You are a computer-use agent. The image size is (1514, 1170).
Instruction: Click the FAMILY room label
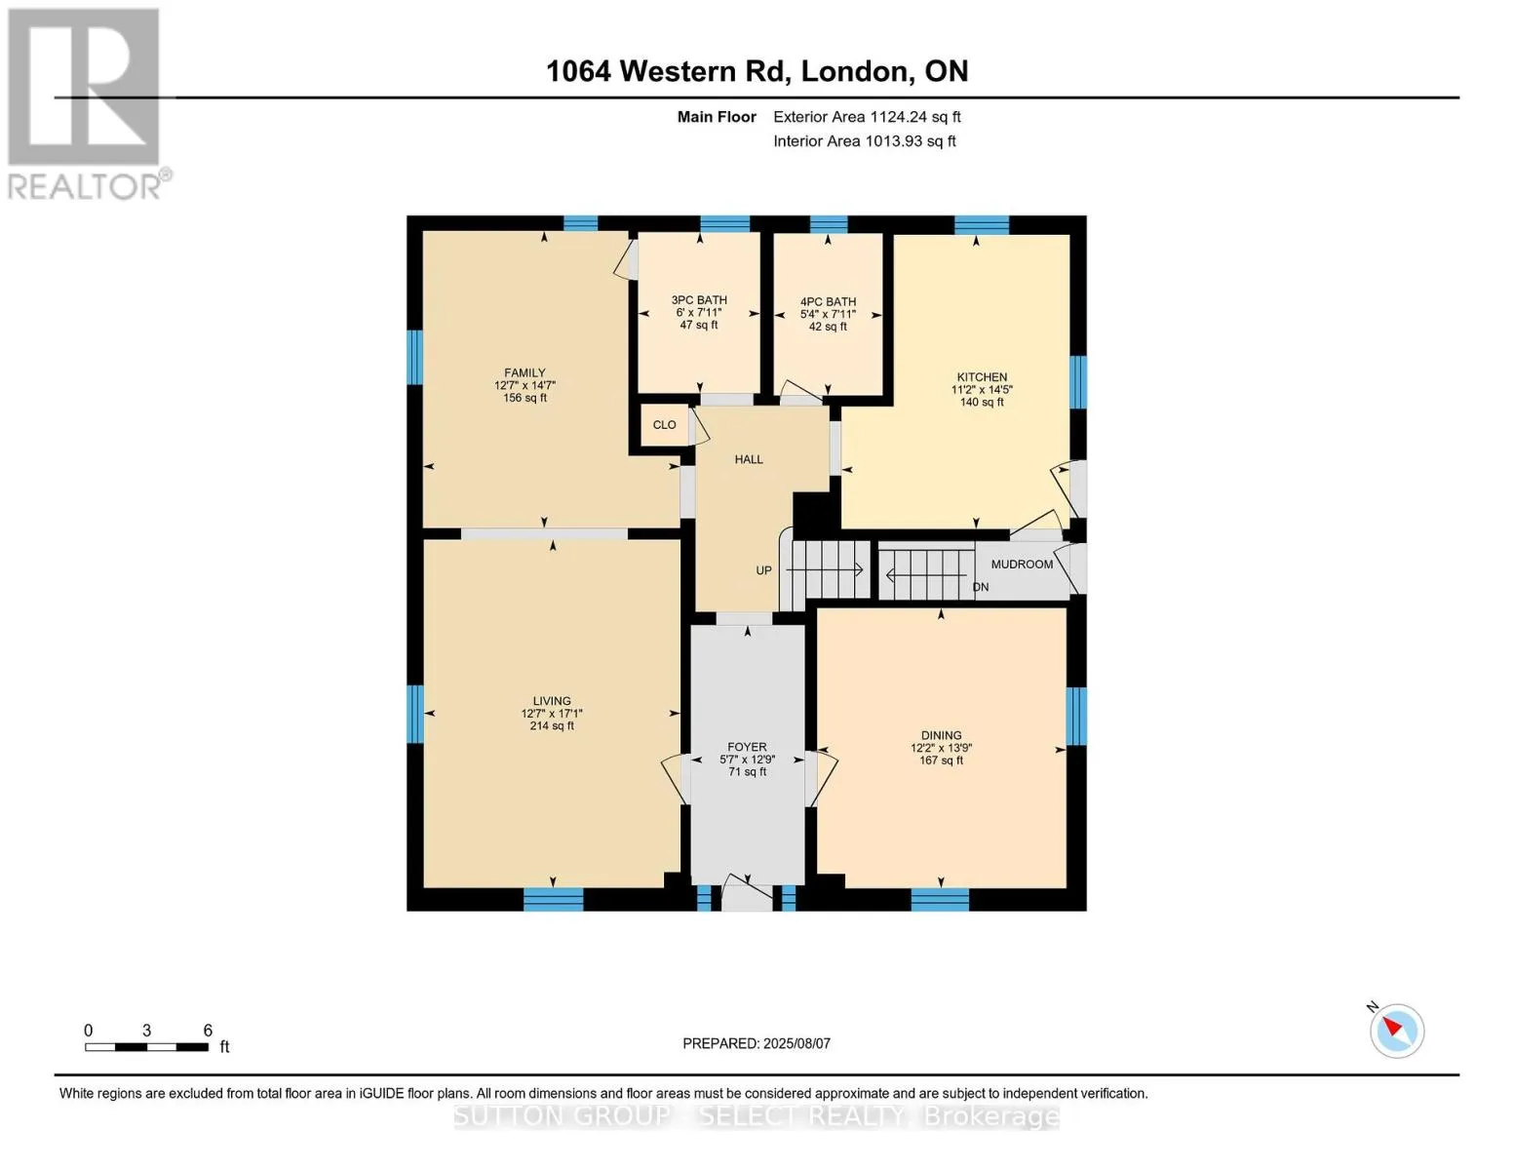pos(524,372)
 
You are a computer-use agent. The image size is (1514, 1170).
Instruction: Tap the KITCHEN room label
pos(982,377)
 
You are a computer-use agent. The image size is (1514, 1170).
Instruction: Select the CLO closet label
pos(664,424)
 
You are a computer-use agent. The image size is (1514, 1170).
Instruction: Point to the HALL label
pos(749,459)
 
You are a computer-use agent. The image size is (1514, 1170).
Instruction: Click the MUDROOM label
pos(1022,564)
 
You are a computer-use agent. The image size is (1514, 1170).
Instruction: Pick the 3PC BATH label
pos(699,299)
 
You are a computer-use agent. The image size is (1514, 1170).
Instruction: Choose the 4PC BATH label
pos(828,301)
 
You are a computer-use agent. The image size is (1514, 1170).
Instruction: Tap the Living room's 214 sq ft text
pos(552,725)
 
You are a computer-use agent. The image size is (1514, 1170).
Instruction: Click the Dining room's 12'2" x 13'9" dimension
pos(942,748)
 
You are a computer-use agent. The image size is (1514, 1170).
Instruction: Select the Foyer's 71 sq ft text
pos(747,771)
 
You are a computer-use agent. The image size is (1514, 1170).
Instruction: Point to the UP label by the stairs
pos(763,570)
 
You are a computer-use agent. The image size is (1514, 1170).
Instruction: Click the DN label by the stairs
pos(981,587)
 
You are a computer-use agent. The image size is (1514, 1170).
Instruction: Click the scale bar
pos(147,1046)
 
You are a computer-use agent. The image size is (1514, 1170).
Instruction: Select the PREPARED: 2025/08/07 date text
pos(757,1043)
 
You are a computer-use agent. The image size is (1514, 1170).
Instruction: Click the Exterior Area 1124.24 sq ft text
pos(867,116)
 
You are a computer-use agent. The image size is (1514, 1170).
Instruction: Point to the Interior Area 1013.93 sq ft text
pos(865,140)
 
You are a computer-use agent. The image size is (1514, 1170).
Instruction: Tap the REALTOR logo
pos(87,104)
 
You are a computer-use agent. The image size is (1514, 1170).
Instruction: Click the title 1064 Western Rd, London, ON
pos(757,71)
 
